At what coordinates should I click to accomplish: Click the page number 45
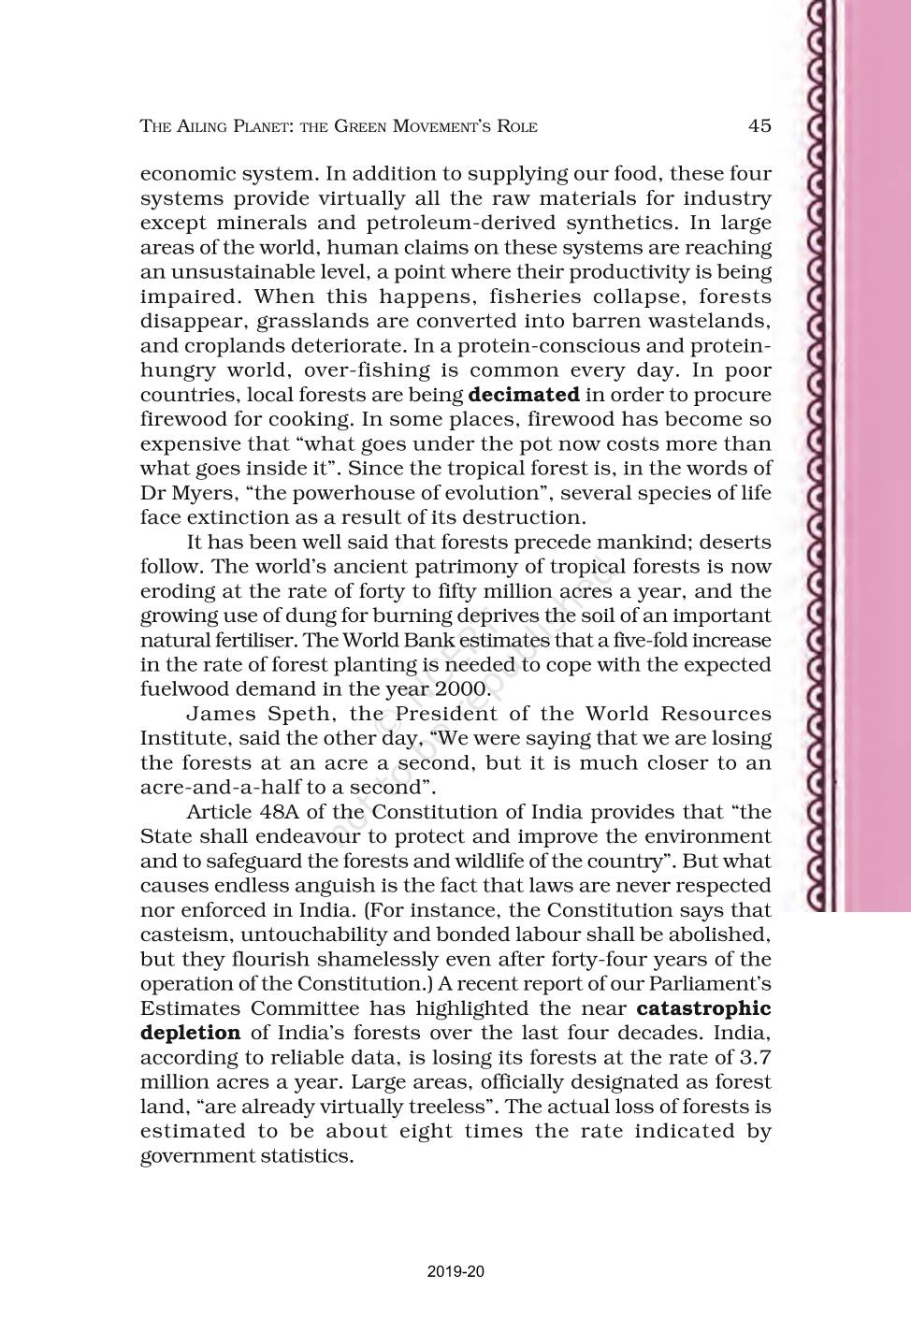pyautogui.click(x=759, y=125)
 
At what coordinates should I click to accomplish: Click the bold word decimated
pyautogui.click(x=523, y=395)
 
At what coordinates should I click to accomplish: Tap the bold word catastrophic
pyautogui.click(x=703, y=1008)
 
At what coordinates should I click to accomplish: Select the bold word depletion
pyautogui.click(x=191, y=1033)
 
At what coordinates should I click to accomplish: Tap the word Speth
pyautogui.click(x=303, y=714)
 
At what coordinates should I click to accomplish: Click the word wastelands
pyautogui.click(x=712, y=322)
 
